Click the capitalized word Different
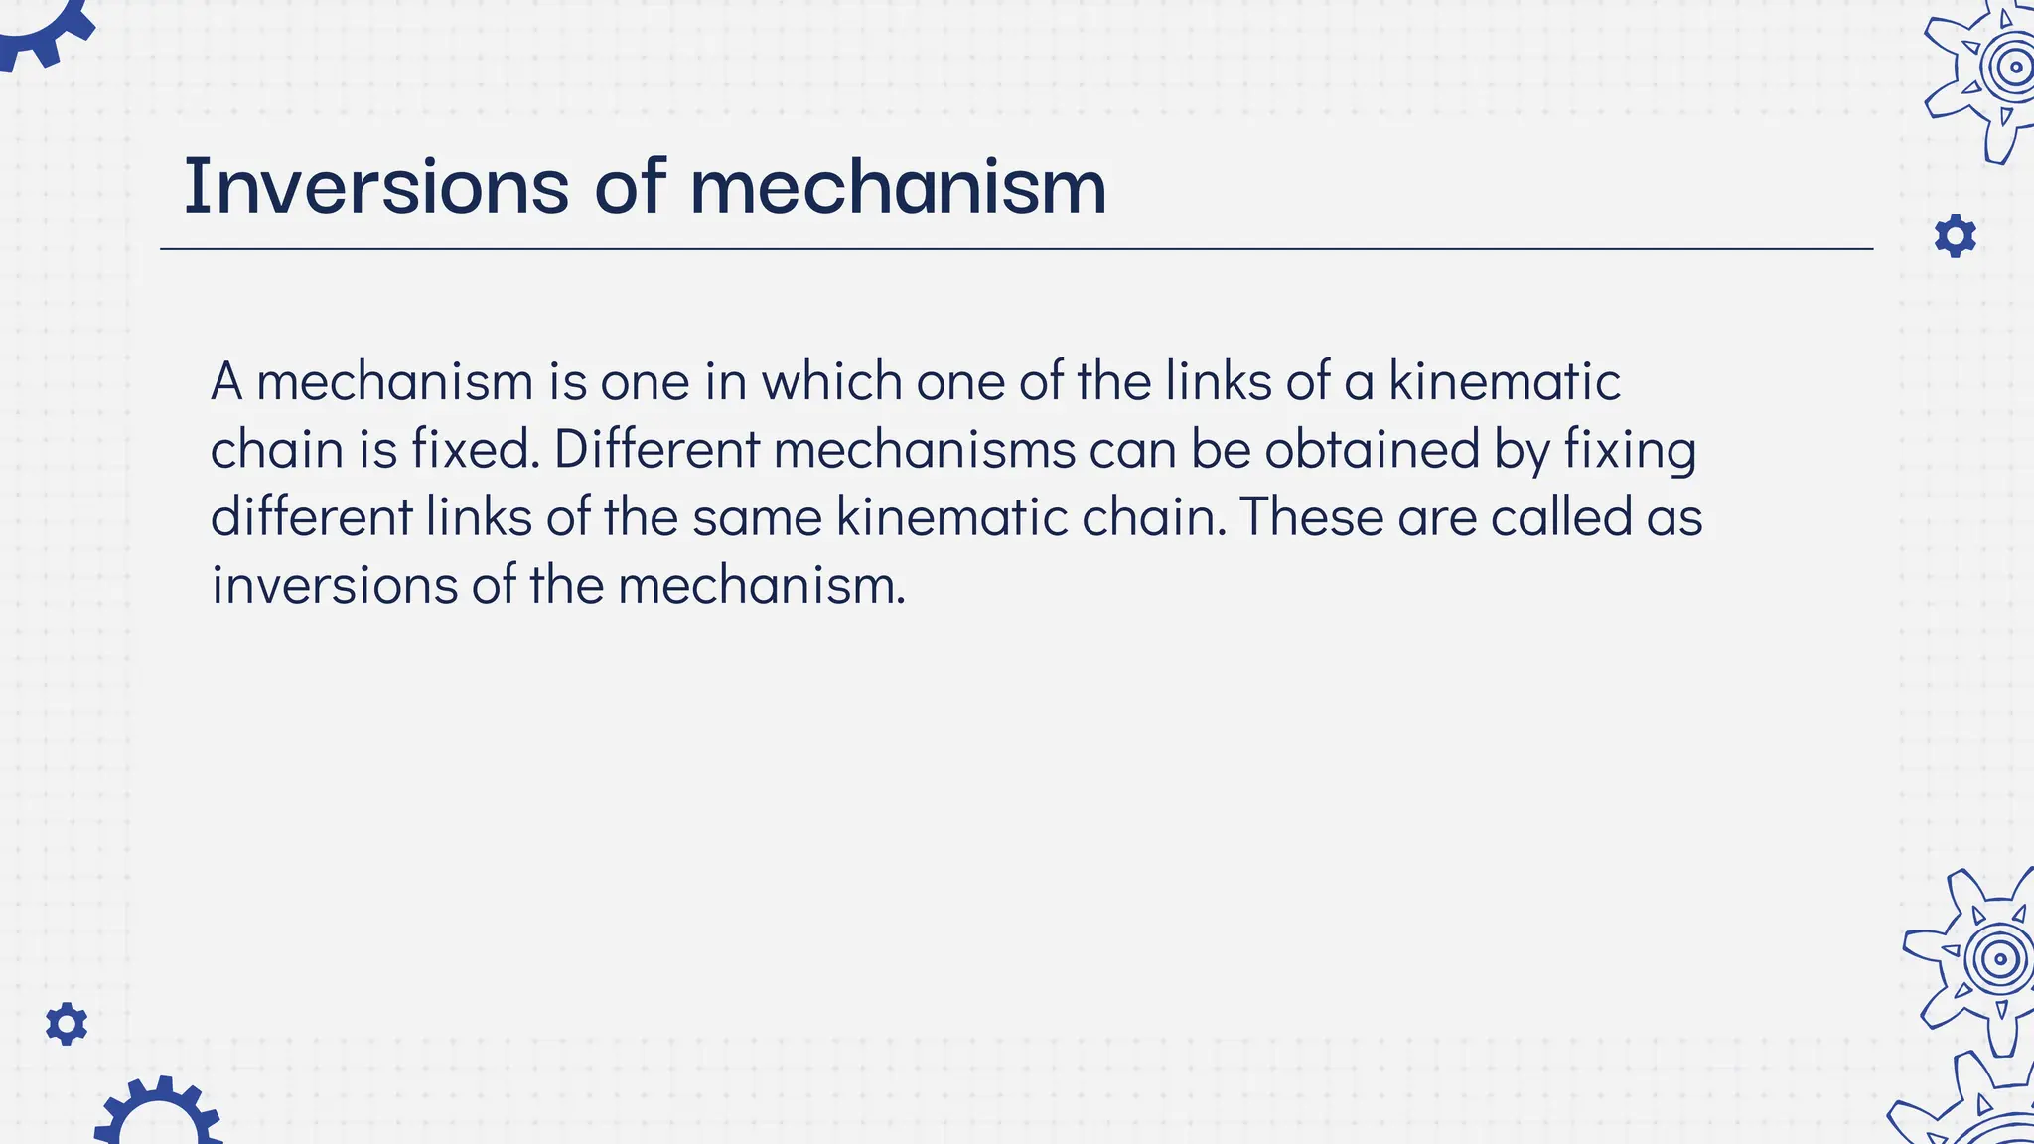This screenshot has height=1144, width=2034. [x=655, y=449]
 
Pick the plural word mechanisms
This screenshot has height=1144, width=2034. [x=925, y=449]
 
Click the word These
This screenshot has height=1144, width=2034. [x=1311, y=517]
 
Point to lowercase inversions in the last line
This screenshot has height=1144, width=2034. [x=335, y=585]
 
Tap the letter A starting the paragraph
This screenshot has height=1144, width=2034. [x=226, y=381]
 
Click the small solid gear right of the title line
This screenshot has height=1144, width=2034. [x=1955, y=236]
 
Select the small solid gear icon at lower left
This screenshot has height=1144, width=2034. [x=67, y=1024]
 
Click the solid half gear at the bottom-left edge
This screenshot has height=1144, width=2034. [x=159, y=1112]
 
